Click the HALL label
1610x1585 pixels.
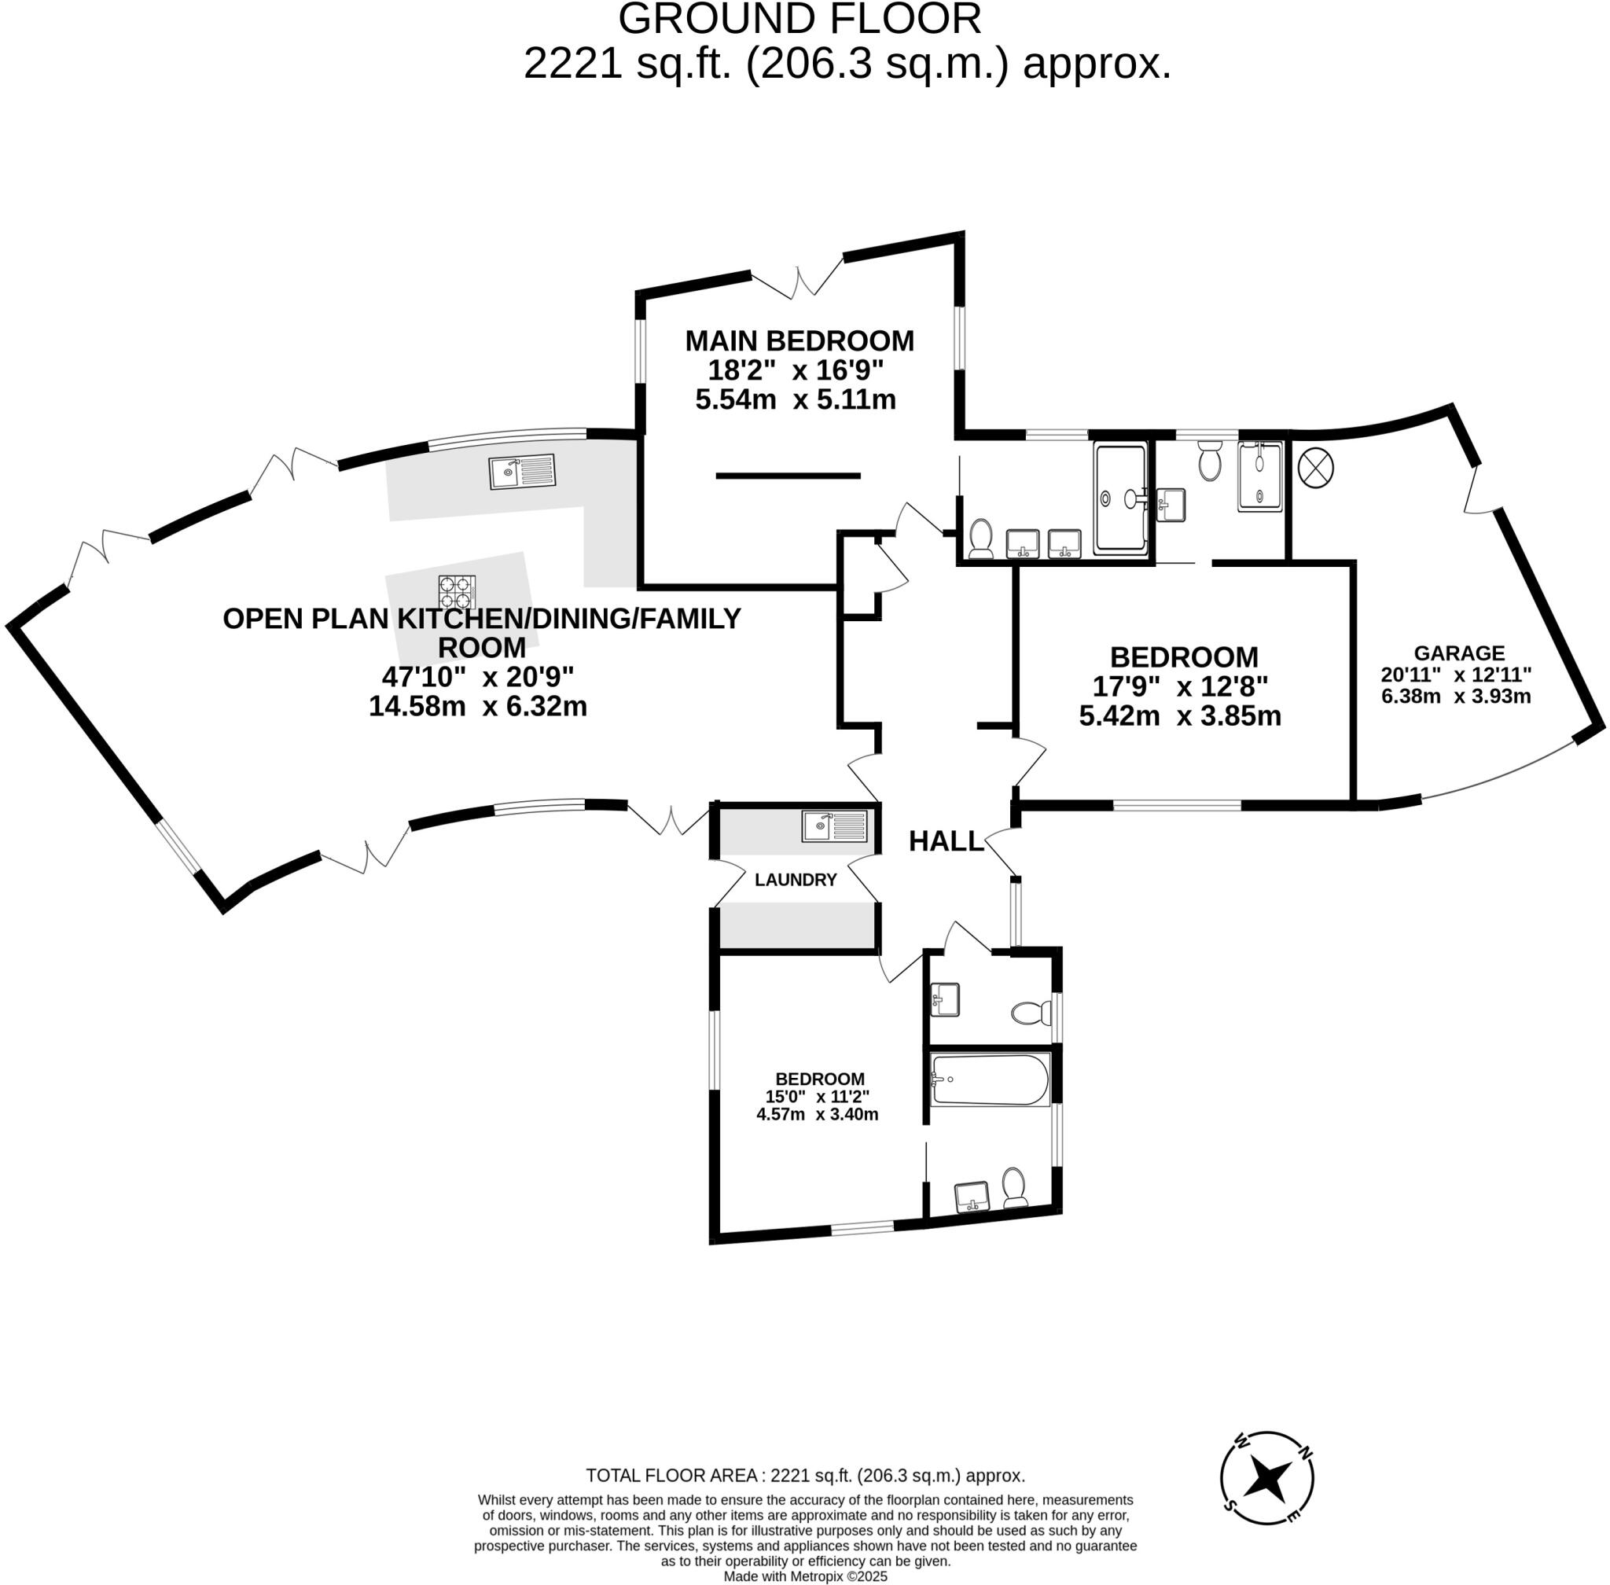tap(946, 841)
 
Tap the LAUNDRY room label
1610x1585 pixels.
tap(795, 880)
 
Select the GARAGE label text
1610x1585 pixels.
tap(1458, 653)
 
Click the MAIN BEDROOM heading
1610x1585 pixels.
tap(799, 341)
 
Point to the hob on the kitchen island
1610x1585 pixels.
tap(457, 592)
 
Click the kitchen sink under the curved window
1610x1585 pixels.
tap(521, 472)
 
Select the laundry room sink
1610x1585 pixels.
tap(833, 826)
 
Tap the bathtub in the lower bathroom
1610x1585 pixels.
tap(990, 1080)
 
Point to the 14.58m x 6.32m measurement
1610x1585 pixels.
tap(478, 707)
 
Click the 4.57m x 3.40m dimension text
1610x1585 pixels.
tap(817, 1115)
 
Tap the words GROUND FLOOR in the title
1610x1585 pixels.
tap(799, 19)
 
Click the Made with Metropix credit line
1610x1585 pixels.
tap(805, 1576)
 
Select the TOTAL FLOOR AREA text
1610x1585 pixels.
tap(805, 1476)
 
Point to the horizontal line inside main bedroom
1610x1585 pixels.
tap(788, 476)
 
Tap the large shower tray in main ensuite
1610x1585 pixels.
tap(1120, 498)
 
